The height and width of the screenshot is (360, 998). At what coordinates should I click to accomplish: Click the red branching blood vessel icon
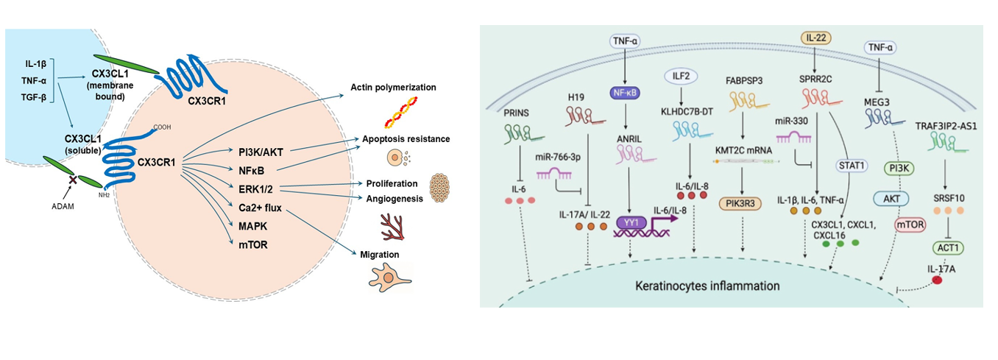[x=388, y=226]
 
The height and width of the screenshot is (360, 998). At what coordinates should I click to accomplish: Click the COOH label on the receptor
[x=163, y=126]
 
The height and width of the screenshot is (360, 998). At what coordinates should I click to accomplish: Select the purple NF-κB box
[x=625, y=93]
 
